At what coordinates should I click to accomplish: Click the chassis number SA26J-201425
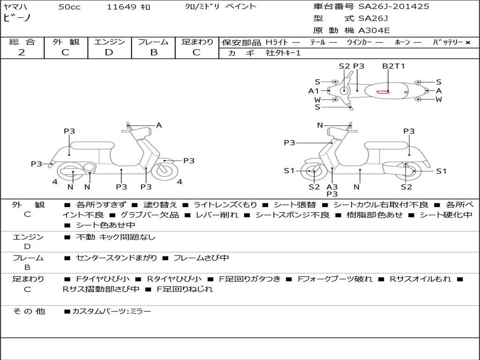point(394,7)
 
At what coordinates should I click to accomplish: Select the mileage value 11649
point(122,7)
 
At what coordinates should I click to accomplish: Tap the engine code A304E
point(374,31)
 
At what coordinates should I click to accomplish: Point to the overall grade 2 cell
point(22,52)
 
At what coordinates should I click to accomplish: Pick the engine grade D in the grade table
point(109,52)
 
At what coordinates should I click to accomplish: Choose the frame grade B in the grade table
point(154,52)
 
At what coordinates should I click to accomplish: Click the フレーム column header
point(154,42)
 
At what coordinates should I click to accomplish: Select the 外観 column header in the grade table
point(66,42)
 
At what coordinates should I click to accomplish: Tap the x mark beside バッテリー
point(467,43)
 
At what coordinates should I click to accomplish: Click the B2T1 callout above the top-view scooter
point(393,66)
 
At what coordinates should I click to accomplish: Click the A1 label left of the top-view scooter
point(314,91)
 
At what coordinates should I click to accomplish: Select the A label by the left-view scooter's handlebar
point(159,125)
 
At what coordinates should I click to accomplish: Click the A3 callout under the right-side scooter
point(332,187)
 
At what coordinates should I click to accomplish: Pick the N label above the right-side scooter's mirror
point(320,125)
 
